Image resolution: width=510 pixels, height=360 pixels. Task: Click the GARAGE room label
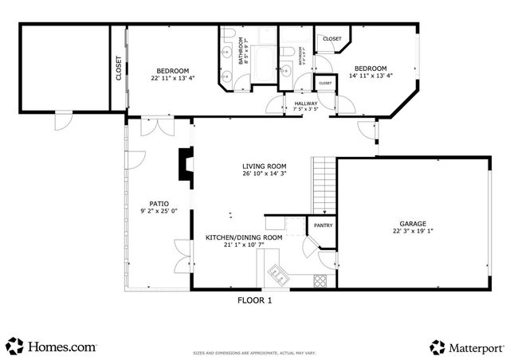tap(413, 224)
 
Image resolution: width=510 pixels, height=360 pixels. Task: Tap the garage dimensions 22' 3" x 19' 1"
tap(413, 232)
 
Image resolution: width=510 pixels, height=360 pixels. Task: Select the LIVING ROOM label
tap(264, 166)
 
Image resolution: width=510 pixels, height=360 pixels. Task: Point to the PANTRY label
tap(323, 225)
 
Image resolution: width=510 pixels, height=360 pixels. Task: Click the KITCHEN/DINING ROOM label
tap(244, 237)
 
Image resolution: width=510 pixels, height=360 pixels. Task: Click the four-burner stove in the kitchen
tap(321, 280)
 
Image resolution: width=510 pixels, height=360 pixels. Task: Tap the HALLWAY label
tap(306, 103)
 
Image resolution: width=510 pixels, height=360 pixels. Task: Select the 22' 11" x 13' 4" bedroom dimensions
tap(171, 77)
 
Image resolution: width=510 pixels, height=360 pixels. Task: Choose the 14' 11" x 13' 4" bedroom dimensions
tap(371, 76)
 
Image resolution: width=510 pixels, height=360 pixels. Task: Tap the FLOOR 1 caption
tap(255, 301)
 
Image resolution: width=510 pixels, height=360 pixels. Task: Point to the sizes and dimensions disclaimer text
tap(254, 350)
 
